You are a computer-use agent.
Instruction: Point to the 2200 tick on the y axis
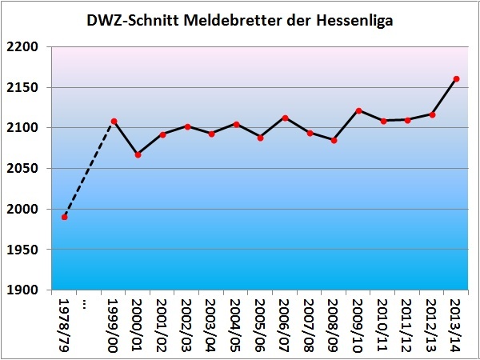(26, 47)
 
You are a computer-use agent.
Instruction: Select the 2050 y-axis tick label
(26, 169)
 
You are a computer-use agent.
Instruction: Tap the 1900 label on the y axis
(26, 290)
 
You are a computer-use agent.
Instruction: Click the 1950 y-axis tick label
(26, 250)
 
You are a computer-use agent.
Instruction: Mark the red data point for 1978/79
(65, 217)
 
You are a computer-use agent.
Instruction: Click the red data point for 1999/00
(114, 122)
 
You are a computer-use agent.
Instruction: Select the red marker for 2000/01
(138, 154)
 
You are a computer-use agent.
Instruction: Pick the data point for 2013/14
(456, 79)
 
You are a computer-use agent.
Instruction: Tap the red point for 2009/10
(358, 110)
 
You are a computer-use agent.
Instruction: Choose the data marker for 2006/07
(285, 118)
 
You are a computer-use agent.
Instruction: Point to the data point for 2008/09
(334, 140)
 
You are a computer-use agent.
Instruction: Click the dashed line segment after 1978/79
(89, 170)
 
